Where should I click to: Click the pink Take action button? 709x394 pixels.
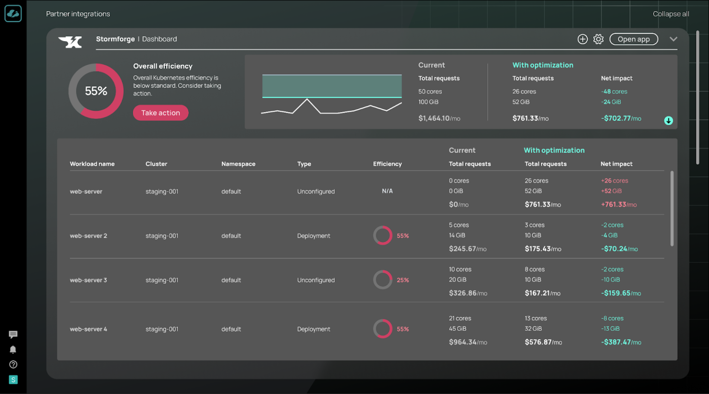point(161,113)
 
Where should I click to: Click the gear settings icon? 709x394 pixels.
point(598,39)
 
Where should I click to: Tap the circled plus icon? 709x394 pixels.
point(583,39)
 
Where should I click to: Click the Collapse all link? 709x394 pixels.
point(671,14)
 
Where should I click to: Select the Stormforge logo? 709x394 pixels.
point(70,42)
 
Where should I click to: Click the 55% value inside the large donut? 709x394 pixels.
point(96,91)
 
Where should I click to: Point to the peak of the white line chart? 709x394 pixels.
point(306,99)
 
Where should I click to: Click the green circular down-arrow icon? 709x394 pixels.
point(668,121)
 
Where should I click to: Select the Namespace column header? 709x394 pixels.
point(238,164)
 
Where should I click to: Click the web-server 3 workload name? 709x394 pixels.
point(88,280)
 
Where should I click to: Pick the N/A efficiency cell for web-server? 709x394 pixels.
point(387,191)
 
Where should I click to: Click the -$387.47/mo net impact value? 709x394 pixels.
point(621,342)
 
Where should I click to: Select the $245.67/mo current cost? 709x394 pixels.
point(468,249)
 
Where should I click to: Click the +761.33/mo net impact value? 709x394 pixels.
point(619,205)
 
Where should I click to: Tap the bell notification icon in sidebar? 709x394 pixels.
point(13,349)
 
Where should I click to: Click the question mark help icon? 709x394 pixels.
point(13,364)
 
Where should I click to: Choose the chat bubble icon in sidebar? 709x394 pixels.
point(13,334)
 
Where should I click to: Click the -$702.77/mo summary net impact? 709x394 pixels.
point(621,118)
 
